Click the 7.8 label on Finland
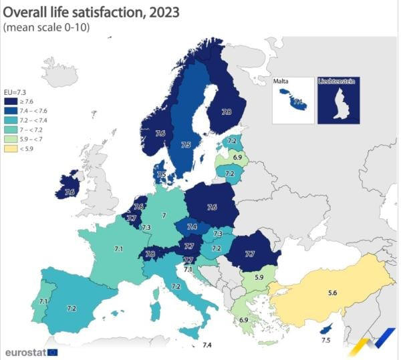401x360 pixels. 227,112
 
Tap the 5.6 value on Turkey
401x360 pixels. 331,292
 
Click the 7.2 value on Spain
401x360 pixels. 72,308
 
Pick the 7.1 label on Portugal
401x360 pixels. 43,302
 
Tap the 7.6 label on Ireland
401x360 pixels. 69,192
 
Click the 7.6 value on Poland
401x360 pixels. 212,207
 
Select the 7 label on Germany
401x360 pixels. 164,216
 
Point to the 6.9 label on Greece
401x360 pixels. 244,321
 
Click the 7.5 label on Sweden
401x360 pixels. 186,144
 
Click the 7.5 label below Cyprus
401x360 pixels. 325,340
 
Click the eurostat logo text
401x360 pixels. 25,351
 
